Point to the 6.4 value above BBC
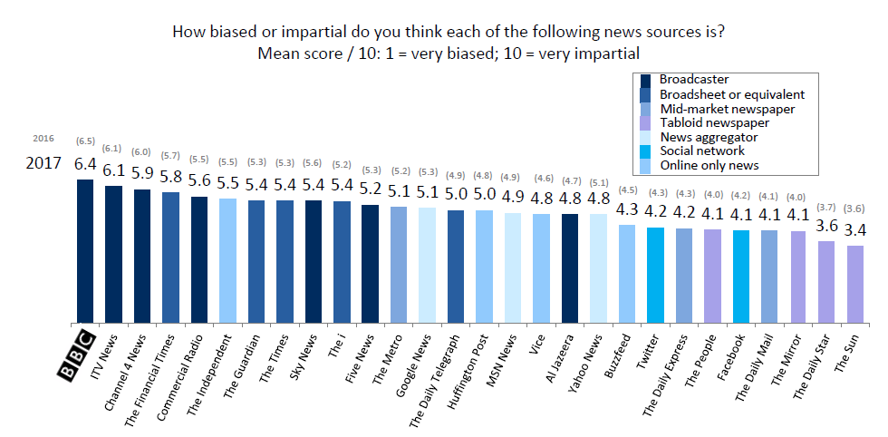point(85,164)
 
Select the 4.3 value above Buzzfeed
point(627,209)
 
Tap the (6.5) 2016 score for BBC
point(85,142)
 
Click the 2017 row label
point(43,164)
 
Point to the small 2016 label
point(43,139)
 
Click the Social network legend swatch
point(647,151)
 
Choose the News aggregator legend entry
point(709,137)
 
